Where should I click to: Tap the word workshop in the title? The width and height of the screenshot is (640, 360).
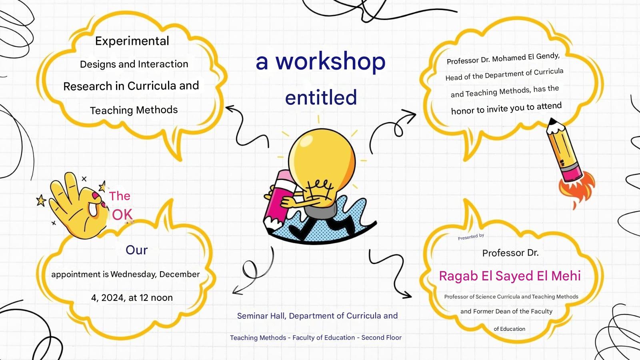click(x=330, y=62)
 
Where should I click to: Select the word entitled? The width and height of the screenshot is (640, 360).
click(x=321, y=97)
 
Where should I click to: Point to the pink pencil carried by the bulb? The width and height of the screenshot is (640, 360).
click(x=278, y=200)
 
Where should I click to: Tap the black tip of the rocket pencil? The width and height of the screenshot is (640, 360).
click(x=552, y=121)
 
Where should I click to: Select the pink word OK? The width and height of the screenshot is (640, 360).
click(x=122, y=215)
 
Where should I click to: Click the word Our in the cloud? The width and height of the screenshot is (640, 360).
click(x=136, y=250)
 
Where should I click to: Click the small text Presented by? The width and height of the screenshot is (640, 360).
click(x=471, y=237)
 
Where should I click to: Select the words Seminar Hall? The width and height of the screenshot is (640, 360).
click(x=262, y=316)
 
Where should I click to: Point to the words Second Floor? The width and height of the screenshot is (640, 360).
click(x=382, y=338)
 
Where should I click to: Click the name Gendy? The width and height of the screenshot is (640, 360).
click(x=548, y=56)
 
